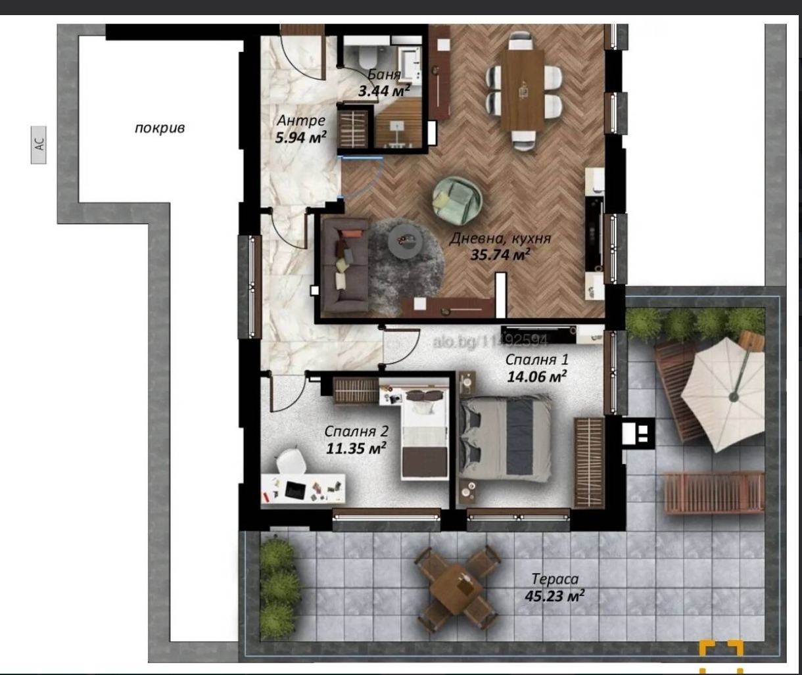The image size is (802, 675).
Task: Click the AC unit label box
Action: tap(38, 145)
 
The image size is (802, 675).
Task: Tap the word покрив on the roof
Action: tap(159, 128)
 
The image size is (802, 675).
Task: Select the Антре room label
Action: tap(301, 120)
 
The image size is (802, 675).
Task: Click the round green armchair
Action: tap(457, 200)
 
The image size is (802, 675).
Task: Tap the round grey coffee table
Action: tap(405, 243)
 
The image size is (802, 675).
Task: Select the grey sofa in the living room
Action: tap(345, 266)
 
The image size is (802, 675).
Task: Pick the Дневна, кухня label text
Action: tap(500, 239)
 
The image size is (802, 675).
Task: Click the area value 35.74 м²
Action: tap(500, 254)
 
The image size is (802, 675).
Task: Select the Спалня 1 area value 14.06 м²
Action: tap(536, 377)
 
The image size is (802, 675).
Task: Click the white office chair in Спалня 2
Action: tap(291, 461)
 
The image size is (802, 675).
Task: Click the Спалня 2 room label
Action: tap(356, 431)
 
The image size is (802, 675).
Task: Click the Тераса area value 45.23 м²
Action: tap(554, 597)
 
